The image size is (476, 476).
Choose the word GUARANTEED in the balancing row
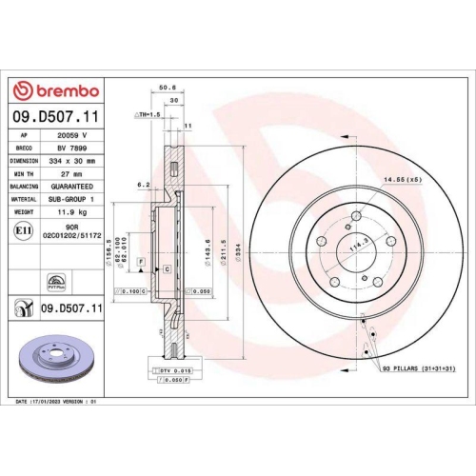(76, 187)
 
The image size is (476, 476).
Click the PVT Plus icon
(56, 283)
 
